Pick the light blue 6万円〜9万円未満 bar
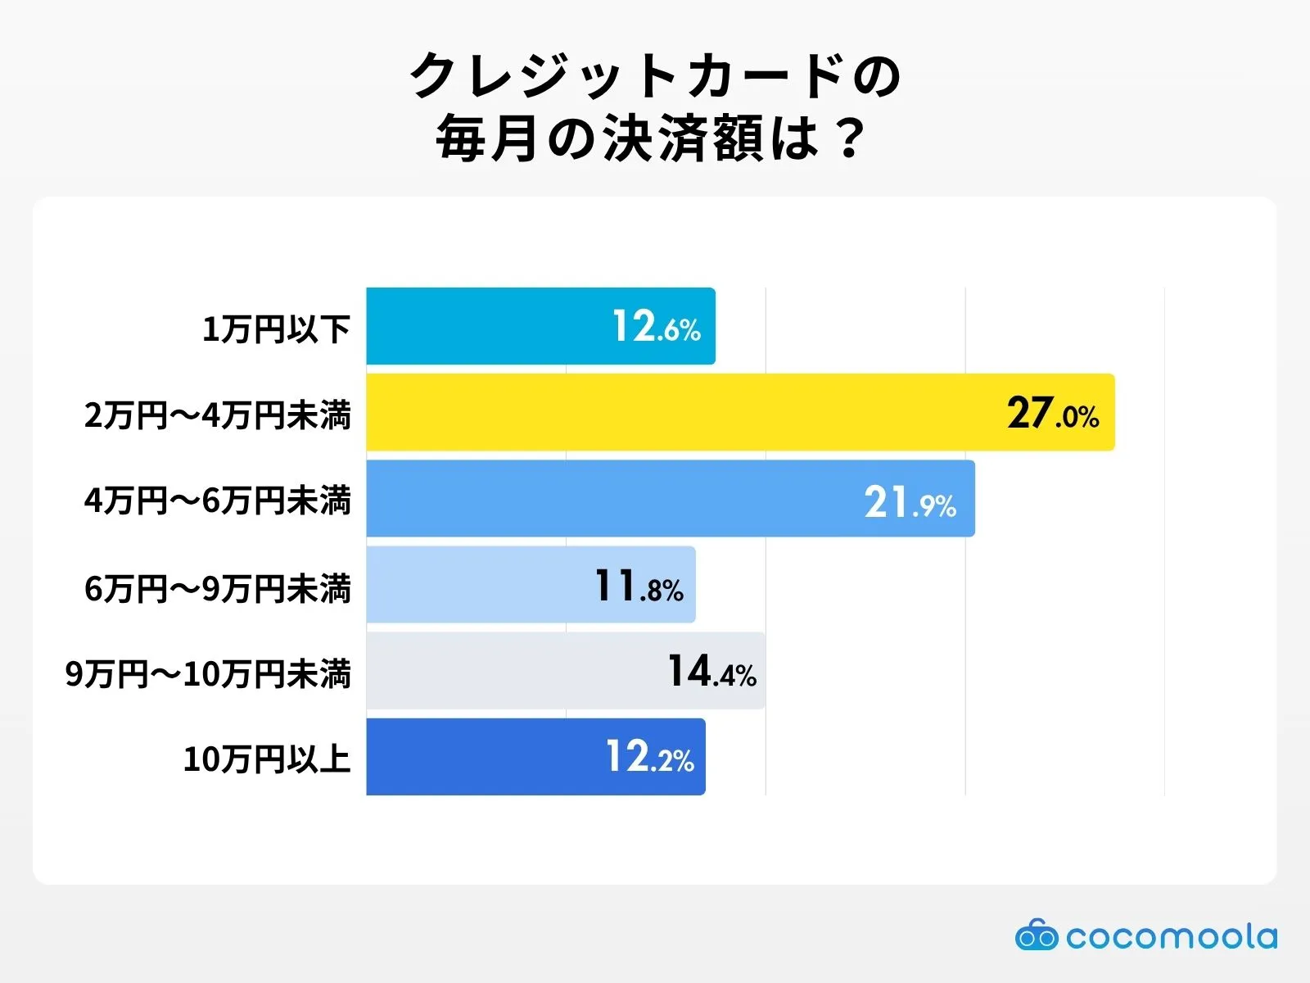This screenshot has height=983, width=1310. click(x=475, y=585)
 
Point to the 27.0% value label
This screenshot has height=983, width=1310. click(x=1053, y=413)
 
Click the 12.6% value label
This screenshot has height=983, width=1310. click(x=657, y=327)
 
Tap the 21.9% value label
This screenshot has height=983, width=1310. click(x=910, y=502)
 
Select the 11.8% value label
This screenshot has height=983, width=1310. click(x=639, y=587)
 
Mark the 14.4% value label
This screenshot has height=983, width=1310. click(x=711, y=672)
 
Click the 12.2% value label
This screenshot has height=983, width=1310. click(x=649, y=758)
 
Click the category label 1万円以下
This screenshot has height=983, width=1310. click(x=276, y=329)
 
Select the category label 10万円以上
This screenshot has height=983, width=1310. click(x=267, y=759)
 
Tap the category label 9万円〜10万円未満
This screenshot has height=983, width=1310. click(x=208, y=674)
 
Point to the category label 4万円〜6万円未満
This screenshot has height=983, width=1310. click(x=218, y=501)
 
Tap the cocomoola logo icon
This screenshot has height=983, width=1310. click(x=1036, y=935)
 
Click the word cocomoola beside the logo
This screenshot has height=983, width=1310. click(x=1171, y=936)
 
